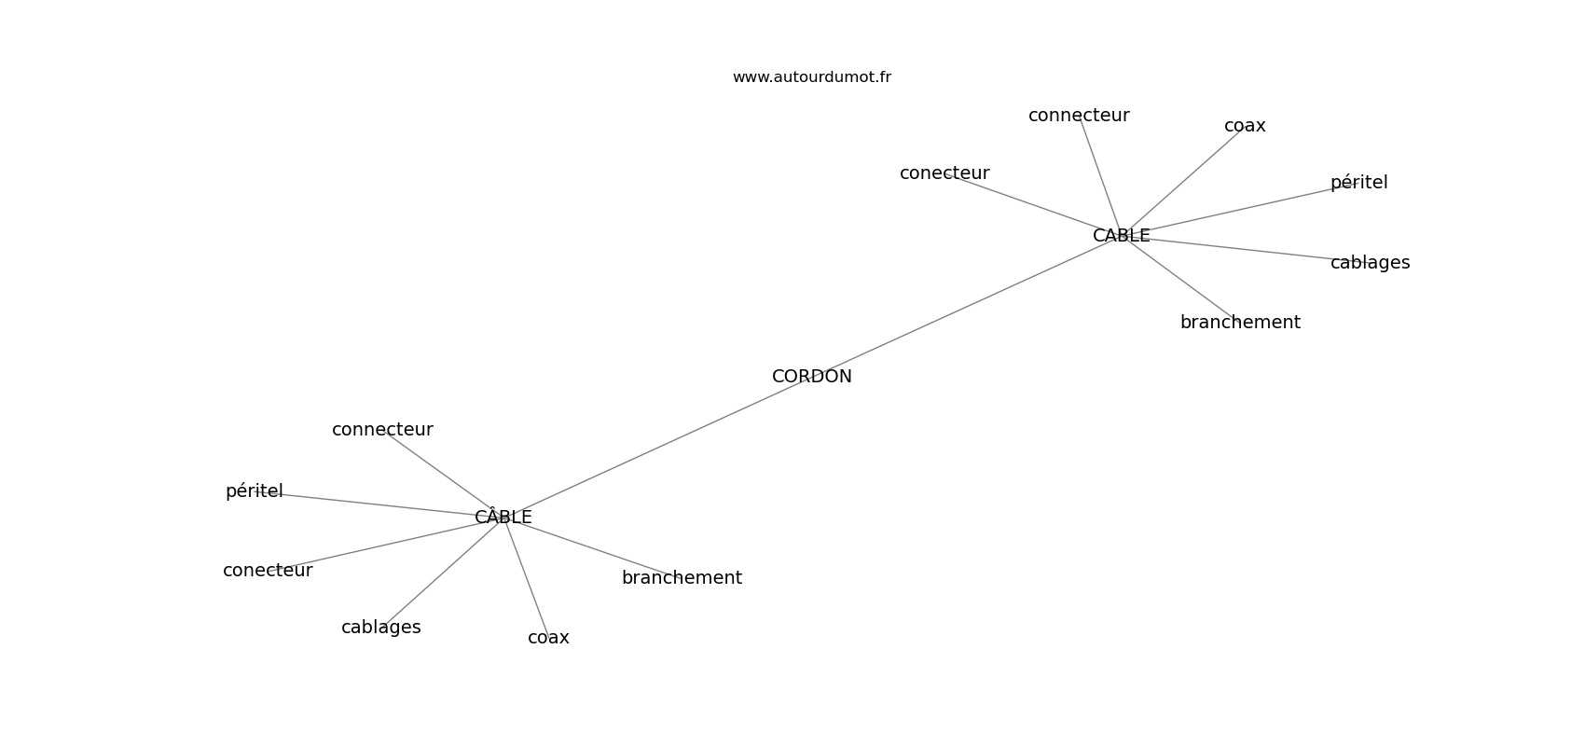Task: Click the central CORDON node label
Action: [811, 377]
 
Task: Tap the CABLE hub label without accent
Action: [1121, 236]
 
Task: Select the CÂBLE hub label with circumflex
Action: [503, 517]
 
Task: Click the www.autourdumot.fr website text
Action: [811, 77]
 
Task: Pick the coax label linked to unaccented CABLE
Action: [1245, 126]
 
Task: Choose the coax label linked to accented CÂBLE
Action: [548, 638]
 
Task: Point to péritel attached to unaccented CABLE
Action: [1358, 183]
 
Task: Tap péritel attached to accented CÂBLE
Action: [254, 491]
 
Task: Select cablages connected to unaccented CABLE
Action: [1370, 263]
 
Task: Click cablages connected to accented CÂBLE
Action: [380, 628]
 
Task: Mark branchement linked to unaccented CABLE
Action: [1239, 323]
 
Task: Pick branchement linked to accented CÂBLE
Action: [682, 578]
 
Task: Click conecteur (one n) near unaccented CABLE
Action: [944, 173]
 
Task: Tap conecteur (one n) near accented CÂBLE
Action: [268, 571]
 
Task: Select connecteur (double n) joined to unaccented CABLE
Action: [1079, 116]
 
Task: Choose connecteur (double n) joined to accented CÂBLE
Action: [382, 430]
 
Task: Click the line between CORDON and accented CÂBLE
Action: [653, 449]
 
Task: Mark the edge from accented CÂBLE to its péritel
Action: [373, 504]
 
